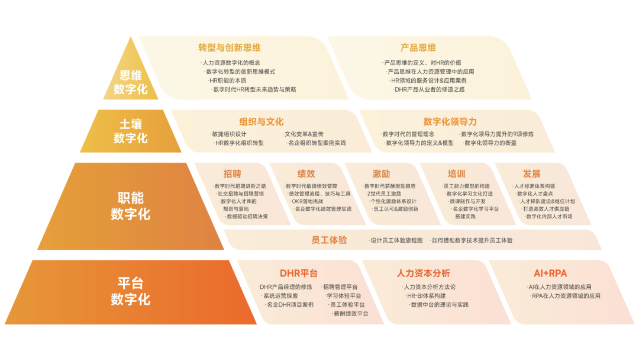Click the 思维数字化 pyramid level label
pos(130,83)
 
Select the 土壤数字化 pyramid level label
pos(130,131)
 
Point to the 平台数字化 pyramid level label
pos(130,291)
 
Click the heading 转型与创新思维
pos(230,47)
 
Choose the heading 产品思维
pos(418,47)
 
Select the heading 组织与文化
pos(261,121)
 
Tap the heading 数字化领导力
pos(450,121)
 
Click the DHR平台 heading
pos(298,274)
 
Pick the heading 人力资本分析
pos(423,274)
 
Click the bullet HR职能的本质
pos(228,81)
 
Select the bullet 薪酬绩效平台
pos(350,314)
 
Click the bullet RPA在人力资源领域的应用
pos(566,295)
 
